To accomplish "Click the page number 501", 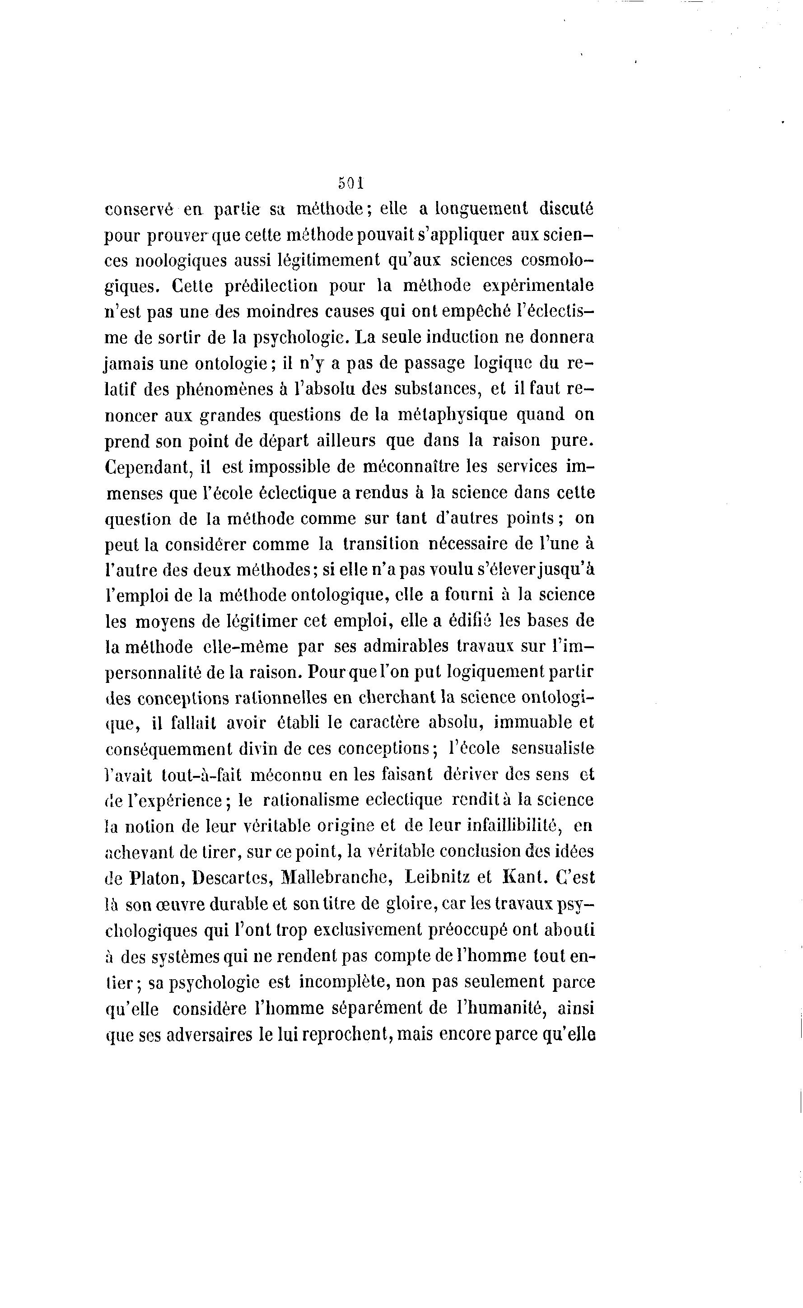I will point(350,184).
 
